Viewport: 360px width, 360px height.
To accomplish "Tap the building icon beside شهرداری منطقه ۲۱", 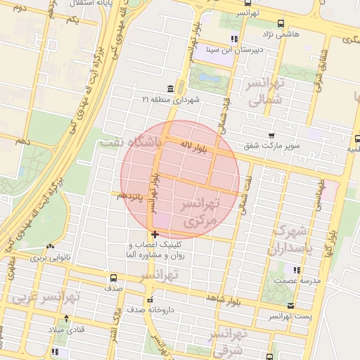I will click(x=171, y=89).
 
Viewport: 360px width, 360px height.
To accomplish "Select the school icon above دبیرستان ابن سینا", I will click(x=234, y=39).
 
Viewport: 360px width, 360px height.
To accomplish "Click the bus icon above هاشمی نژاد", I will click(x=281, y=22).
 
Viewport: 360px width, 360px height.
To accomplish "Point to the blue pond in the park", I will click(x=207, y=77).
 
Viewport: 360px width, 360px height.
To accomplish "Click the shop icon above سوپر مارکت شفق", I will click(x=271, y=135).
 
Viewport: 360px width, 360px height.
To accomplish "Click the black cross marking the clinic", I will click(x=155, y=234).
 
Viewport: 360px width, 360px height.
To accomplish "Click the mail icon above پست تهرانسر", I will click(x=291, y=305).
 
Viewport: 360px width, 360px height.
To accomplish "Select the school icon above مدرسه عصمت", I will click(x=297, y=269).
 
